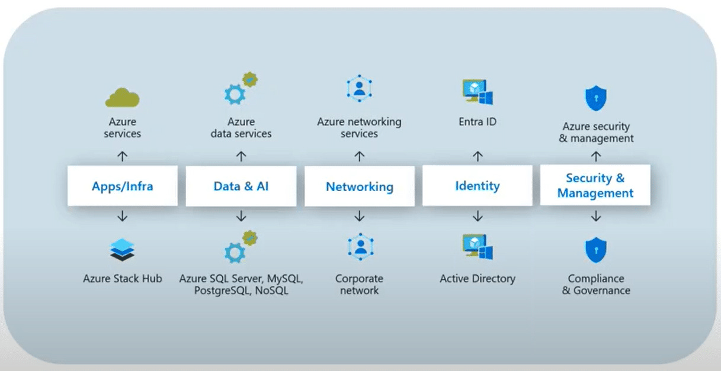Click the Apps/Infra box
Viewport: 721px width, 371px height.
click(123, 186)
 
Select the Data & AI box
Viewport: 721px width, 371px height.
click(241, 186)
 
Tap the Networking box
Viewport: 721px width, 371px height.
click(360, 187)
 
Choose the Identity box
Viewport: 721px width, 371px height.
click(478, 186)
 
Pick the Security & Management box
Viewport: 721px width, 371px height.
click(595, 186)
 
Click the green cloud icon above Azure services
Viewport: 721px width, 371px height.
click(122, 98)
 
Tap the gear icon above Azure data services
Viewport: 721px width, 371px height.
click(239, 89)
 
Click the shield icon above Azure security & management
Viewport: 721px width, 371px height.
click(596, 98)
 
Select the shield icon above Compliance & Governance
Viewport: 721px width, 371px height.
click(596, 251)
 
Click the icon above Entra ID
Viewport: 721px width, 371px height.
click(477, 92)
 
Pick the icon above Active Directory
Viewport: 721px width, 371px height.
click(477, 247)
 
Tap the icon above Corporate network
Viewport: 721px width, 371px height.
click(359, 247)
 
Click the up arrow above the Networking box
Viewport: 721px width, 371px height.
click(360, 156)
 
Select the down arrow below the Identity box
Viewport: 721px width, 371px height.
click(478, 217)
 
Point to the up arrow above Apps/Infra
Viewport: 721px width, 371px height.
click(123, 156)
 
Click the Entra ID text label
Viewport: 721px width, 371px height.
click(478, 122)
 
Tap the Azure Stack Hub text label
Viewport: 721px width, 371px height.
click(123, 278)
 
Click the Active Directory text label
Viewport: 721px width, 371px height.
click(478, 278)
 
